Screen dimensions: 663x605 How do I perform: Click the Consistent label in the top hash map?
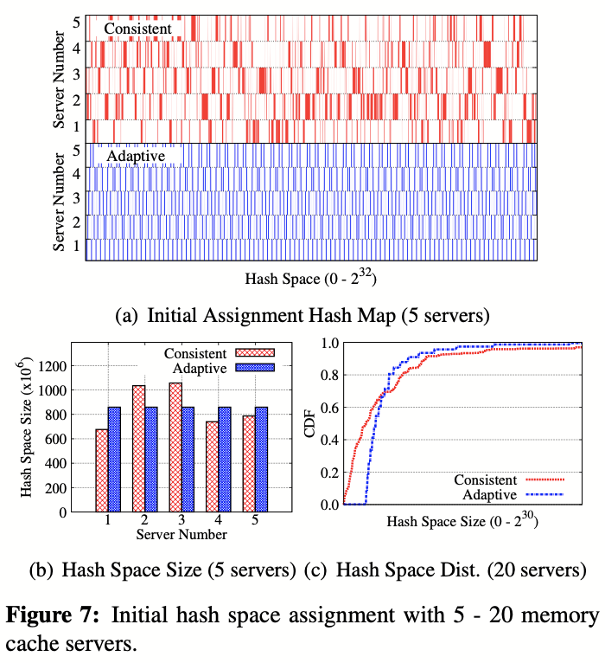[x=138, y=29]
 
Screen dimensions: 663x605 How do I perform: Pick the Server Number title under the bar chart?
[x=181, y=535]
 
